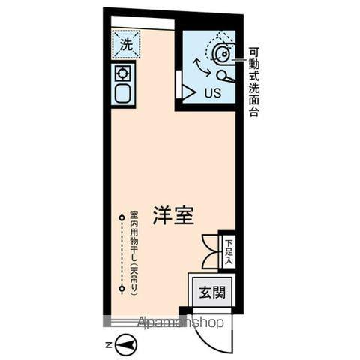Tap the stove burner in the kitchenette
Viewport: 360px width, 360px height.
(121, 73)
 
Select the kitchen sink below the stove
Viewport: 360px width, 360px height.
(121, 94)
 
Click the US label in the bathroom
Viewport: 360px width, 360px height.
(212, 93)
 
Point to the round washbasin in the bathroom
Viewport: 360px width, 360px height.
(222, 52)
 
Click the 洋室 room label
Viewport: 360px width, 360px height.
(174, 215)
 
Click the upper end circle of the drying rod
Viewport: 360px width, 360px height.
(121, 217)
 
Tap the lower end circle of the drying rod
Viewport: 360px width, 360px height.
(121, 288)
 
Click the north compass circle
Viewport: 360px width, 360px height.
(127, 345)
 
